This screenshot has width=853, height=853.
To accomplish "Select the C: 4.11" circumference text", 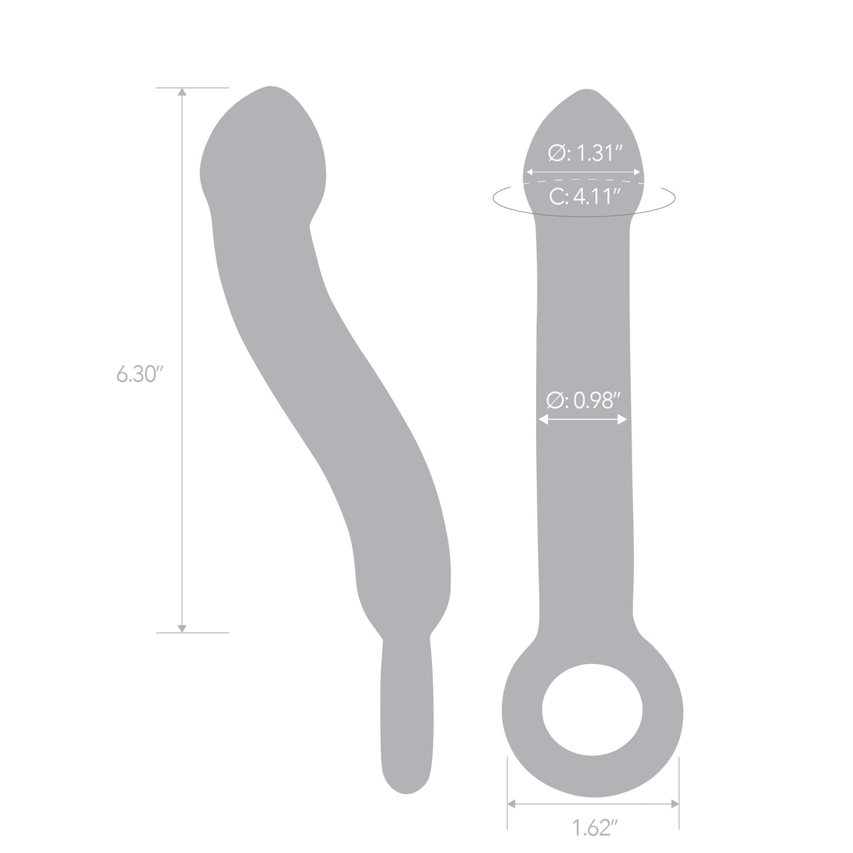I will (585, 197).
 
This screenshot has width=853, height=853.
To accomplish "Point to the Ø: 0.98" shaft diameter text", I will (583, 401).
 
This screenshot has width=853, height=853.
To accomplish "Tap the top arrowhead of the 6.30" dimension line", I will (183, 92).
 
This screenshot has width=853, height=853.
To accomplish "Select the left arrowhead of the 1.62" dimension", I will (512, 803).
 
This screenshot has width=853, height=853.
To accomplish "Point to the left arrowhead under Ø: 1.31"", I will (530, 171).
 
